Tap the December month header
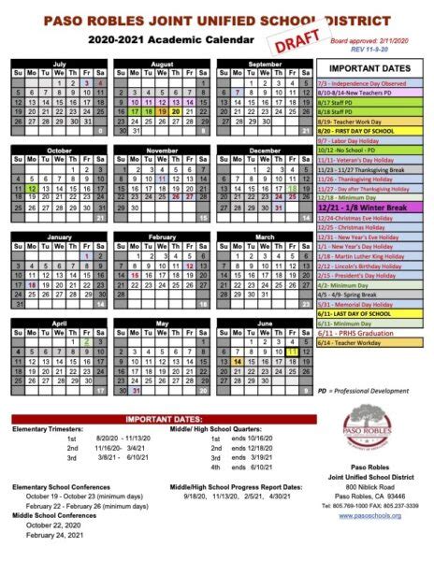(x=265, y=150)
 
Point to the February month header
(x=163, y=237)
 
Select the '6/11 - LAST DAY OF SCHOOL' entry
(x=371, y=313)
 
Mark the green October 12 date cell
(x=32, y=188)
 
